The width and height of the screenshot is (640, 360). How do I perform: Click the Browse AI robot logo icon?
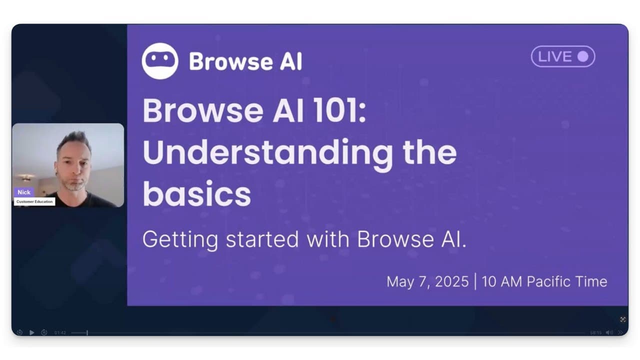[x=159, y=61]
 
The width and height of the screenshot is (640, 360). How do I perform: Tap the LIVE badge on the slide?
[x=562, y=56]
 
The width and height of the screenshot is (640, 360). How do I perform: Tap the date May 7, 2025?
[x=427, y=281]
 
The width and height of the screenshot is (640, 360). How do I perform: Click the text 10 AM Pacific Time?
[x=544, y=281]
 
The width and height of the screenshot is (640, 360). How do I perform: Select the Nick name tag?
[x=24, y=192]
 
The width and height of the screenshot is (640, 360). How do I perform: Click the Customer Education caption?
[x=34, y=201]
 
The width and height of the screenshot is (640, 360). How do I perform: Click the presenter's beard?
[x=75, y=185]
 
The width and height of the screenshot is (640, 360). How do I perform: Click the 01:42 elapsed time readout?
[x=60, y=332]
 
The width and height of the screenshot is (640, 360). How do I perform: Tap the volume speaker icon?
[x=609, y=332]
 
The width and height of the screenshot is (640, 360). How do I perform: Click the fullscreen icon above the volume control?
[x=623, y=319]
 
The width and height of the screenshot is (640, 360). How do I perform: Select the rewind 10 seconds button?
[x=19, y=332]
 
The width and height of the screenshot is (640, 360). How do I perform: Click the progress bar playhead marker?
[x=87, y=332]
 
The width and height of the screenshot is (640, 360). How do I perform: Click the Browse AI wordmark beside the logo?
[x=245, y=61]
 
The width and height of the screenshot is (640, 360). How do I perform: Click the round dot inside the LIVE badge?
[x=582, y=56]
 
